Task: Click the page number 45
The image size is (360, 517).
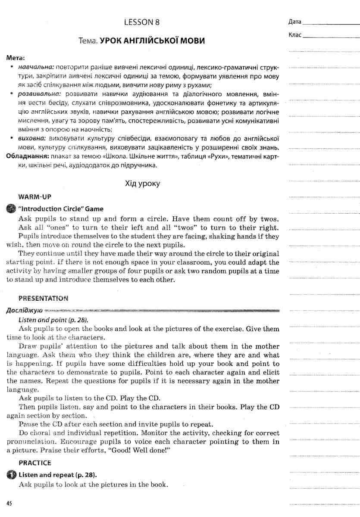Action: pyautogui.click(x=9, y=503)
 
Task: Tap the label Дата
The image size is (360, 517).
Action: pyautogui.click(x=295, y=22)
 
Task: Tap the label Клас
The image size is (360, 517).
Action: pyautogui.click(x=295, y=35)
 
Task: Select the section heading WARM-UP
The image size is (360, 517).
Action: pyautogui.click(x=35, y=197)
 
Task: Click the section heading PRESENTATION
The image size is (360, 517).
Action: pyautogui.click(x=44, y=298)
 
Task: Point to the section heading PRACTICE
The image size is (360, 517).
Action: pyautogui.click(x=35, y=463)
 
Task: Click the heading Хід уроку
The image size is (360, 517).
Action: pyautogui.click(x=142, y=184)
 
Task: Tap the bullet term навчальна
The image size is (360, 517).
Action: pyautogui.click(x=36, y=68)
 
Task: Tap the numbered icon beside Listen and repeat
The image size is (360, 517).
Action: pyautogui.click(x=11, y=475)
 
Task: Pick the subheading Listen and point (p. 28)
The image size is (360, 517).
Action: pyautogui.click(x=53, y=320)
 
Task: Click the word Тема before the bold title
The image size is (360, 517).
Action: pyautogui.click(x=88, y=41)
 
